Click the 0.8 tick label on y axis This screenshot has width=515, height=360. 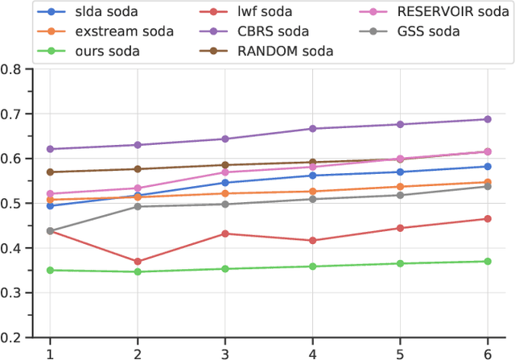(13, 69)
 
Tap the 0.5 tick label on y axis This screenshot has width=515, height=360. (13, 203)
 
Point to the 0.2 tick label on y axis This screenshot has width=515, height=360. (13, 337)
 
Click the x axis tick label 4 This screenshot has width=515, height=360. (312, 352)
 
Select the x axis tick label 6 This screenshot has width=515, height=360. (487, 352)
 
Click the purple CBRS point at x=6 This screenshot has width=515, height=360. (487, 119)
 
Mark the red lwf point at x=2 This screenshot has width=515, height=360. (138, 262)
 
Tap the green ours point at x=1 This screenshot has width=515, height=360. (50, 271)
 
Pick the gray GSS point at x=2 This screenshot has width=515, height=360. (138, 207)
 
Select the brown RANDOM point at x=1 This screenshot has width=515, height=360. (50, 172)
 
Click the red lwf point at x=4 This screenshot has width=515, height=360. (312, 241)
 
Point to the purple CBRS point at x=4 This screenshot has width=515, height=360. (312, 129)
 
